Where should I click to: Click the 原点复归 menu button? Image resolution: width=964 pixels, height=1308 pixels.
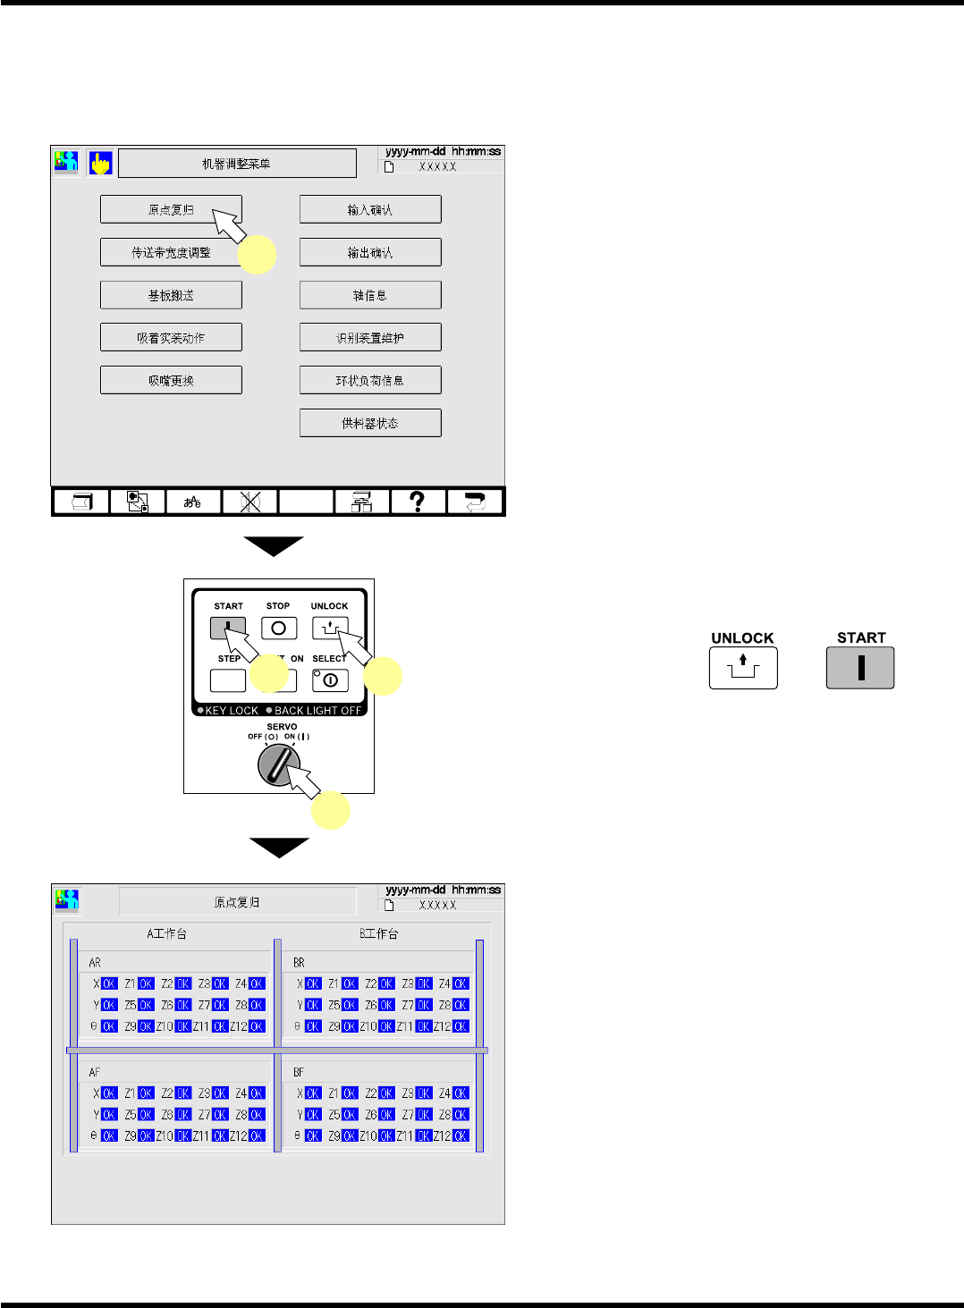pos(171,209)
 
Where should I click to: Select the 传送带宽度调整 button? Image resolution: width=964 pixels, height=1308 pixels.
pos(171,252)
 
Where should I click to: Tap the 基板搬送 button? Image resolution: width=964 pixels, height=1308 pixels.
pos(171,295)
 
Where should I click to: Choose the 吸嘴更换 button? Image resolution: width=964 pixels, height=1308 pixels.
pos(171,380)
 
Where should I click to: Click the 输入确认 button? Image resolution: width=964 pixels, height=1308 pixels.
pos(370,209)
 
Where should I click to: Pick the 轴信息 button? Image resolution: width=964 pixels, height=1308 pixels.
pos(370,295)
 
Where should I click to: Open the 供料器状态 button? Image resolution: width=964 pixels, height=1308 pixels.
pos(370,423)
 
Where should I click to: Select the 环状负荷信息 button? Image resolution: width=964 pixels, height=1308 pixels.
pos(370,380)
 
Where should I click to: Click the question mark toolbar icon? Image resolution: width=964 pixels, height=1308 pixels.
pos(417,502)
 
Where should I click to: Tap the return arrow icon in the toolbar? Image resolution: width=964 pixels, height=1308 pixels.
pos(474,502)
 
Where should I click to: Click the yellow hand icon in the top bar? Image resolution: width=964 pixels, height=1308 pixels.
pos(100,163)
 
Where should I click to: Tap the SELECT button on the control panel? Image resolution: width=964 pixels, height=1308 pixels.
pos(330,680)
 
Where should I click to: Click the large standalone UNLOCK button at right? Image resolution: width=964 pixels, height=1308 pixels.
pos(743,668)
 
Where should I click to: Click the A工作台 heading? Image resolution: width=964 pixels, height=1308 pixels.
pos(166,933)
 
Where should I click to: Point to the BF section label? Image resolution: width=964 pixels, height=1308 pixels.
pos(299,1071)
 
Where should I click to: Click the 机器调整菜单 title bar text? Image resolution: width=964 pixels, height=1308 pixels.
pos(236,164)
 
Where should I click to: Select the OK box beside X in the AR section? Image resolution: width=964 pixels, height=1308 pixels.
pos(109,983)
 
